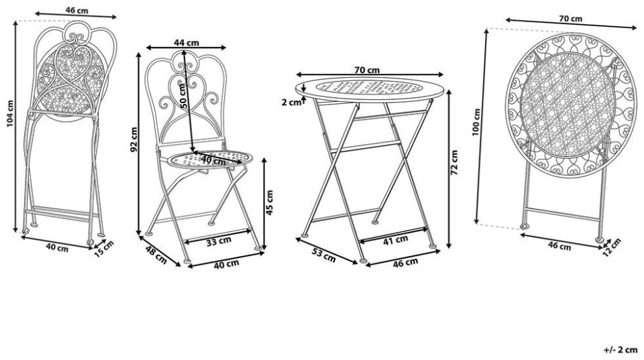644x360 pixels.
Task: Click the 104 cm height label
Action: pyautogui.click(x=10, y=114)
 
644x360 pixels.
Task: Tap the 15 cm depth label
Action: pyautogui.click(x=103, y=249)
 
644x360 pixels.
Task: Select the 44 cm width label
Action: pyautogui.click(x=186, y=42)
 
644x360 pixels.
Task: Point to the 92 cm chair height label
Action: pyautogui.click(x=134, y=139)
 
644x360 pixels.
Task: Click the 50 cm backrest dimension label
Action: pyautogui.click(x=184, y=96)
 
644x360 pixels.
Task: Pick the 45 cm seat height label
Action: pyautogui.click(x=270, y=202)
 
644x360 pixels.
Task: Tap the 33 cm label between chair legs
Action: pyautogui.click(x=219, y=241)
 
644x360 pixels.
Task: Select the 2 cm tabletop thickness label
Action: pyautogui.click(x=291, y=102)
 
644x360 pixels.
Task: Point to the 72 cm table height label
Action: pyautogui.click(x=454, y=162)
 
